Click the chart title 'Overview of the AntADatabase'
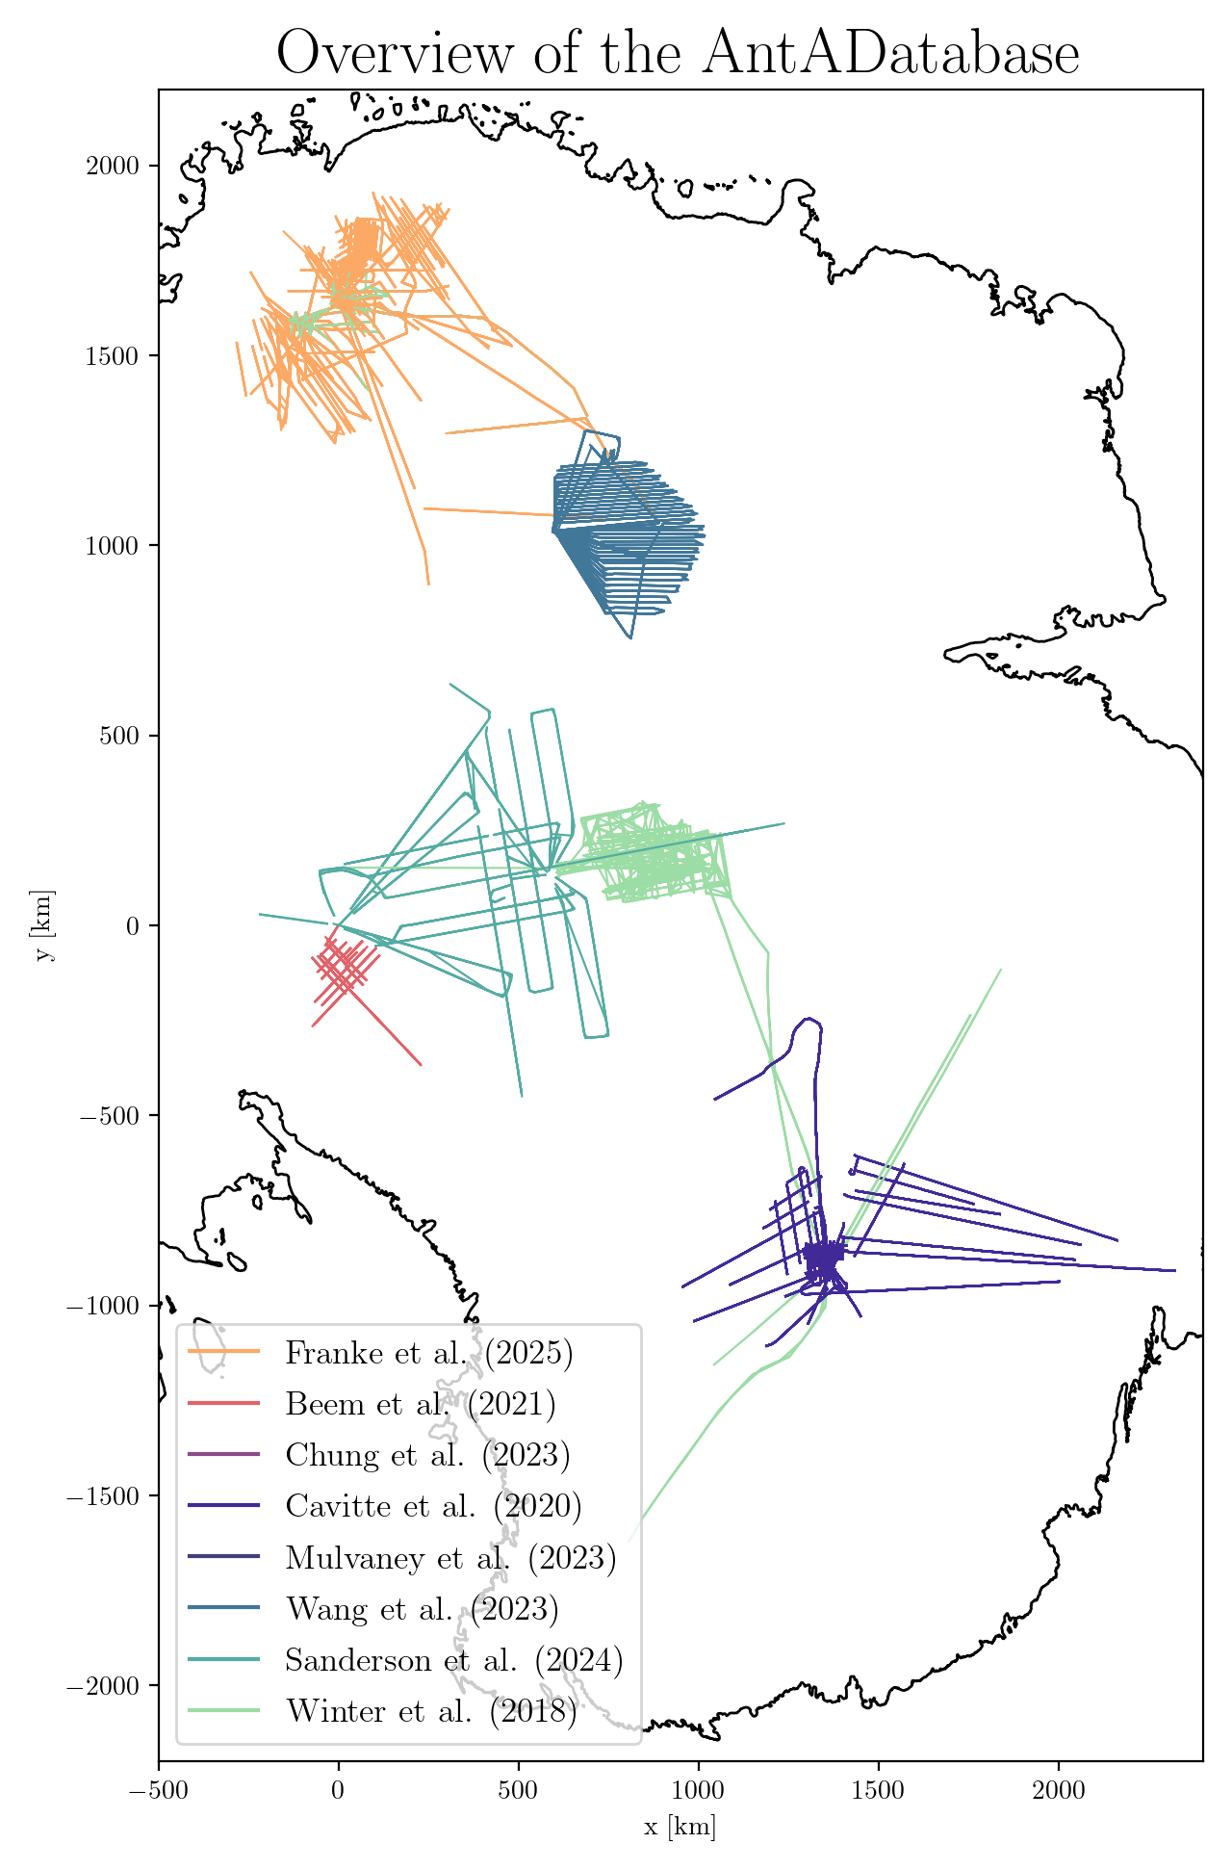678,53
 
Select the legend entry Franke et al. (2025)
428,1353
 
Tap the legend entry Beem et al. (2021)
420,1404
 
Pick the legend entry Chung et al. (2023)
427,1454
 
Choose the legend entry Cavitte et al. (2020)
433,1505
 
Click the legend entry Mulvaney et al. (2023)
450,1557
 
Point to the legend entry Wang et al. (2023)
422,1608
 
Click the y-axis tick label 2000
112,166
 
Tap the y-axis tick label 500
119,736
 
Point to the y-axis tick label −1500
104,1495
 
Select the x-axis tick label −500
159,1791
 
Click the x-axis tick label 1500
878,1791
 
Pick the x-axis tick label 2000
1058,1791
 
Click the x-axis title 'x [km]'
680,1827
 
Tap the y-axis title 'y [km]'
44,925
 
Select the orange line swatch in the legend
223,1352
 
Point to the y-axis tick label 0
133,925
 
